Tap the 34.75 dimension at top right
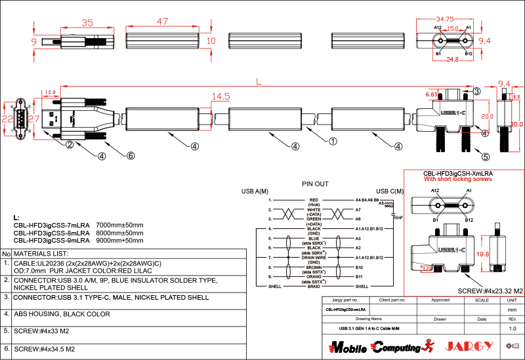pos(446,19)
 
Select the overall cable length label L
pos(259,81)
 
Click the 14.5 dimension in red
pos(220,96)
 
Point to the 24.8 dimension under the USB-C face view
pos(452,60)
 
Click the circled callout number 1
pos(333,140)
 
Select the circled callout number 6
pos(131,155)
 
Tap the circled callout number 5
pos(486,157)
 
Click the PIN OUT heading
pos(315,184)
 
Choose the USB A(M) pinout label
pos(255,191)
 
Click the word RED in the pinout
pos(314,199)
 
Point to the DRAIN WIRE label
pos(314,258)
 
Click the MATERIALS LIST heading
pos(41,253)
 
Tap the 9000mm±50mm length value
pos(119,241)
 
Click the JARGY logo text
pos(469,346)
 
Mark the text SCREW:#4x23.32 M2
pos(490,290)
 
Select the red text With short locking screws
pos(457,178)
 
